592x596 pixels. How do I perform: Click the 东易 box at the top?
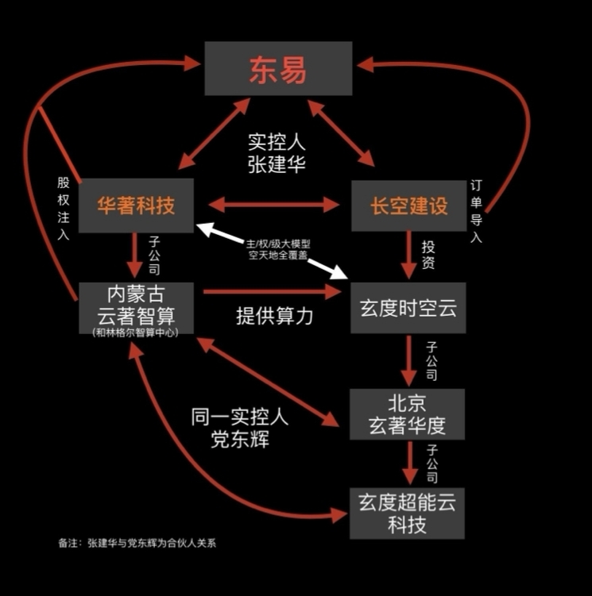click(x=278, y=69)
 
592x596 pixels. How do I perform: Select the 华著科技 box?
click(x=136, y=205)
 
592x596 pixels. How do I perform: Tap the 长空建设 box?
click(x=408, y=205)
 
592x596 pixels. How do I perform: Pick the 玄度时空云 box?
click(x=408, y=307)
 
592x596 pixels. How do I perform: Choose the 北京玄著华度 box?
click(x=407, y=413)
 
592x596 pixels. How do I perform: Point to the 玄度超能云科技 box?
click(x=407, y=513)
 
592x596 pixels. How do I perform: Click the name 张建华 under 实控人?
click(x=277, y=165)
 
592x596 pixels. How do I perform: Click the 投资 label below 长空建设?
click(x=428, y=255)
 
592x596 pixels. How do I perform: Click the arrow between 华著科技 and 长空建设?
click(x=273, y=205)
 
